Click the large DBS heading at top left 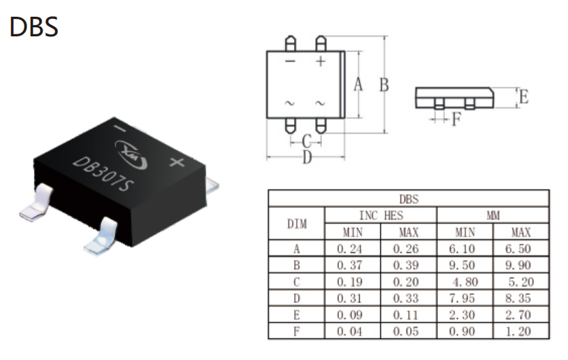click(x=34, y=27)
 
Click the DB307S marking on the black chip click(x=103, y=174)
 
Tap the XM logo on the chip click(x=131, y=154)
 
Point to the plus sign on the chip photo click(x=177, y=162)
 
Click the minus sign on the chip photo click(x=119, y=128)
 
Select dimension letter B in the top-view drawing click(x=384, y=85)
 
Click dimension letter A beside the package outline click(x=358, y=84)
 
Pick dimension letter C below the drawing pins click(x=307, y=141)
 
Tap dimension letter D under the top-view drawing click(x=307, y=157)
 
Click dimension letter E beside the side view click(x=524, y=96)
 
